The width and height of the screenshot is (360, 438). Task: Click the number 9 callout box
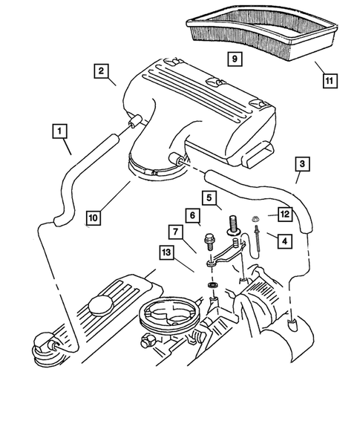233,58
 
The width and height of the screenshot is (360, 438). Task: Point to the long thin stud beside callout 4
256,240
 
